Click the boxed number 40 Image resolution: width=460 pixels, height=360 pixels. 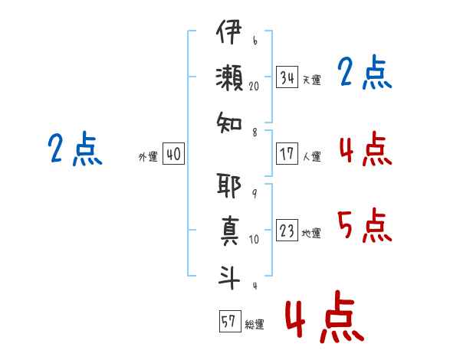[173, 155]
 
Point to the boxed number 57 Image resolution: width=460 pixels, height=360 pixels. [228, 321]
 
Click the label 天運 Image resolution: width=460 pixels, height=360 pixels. [311, 80]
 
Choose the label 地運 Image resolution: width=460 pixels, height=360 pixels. [311, 233]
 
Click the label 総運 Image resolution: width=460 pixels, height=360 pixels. [254, 323]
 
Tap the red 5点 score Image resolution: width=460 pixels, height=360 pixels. [364, 225]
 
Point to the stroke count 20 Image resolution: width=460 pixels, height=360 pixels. [255, 87]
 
